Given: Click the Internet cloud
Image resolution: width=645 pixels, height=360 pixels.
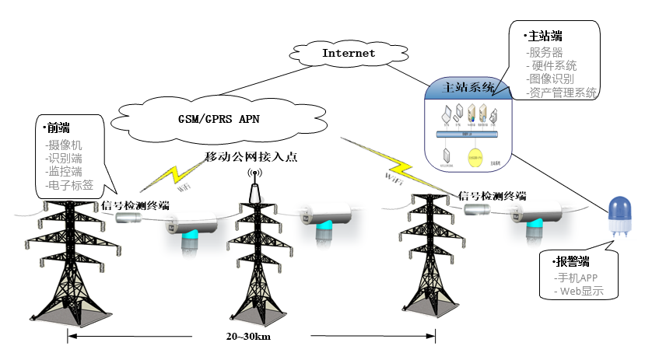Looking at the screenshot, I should click(x=348, y=54).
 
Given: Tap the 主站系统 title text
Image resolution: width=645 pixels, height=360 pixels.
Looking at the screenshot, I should click(x=468, y=87).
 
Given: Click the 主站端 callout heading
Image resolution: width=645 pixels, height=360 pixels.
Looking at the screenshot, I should click(x=545, y=36).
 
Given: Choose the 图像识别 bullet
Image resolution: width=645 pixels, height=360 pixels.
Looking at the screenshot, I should click(x=551, y=79).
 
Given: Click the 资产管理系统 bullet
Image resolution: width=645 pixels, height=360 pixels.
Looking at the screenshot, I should click(x=561, y=92).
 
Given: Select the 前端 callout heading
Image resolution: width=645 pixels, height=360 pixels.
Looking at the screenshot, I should click(x=58, y=128).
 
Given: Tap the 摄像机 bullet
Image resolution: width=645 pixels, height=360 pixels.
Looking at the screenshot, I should click(x=65, y=145).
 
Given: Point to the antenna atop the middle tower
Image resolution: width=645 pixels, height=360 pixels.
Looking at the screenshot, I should click(x=253, y=183).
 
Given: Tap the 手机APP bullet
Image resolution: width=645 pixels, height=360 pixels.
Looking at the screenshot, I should click(x=577, y=277).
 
